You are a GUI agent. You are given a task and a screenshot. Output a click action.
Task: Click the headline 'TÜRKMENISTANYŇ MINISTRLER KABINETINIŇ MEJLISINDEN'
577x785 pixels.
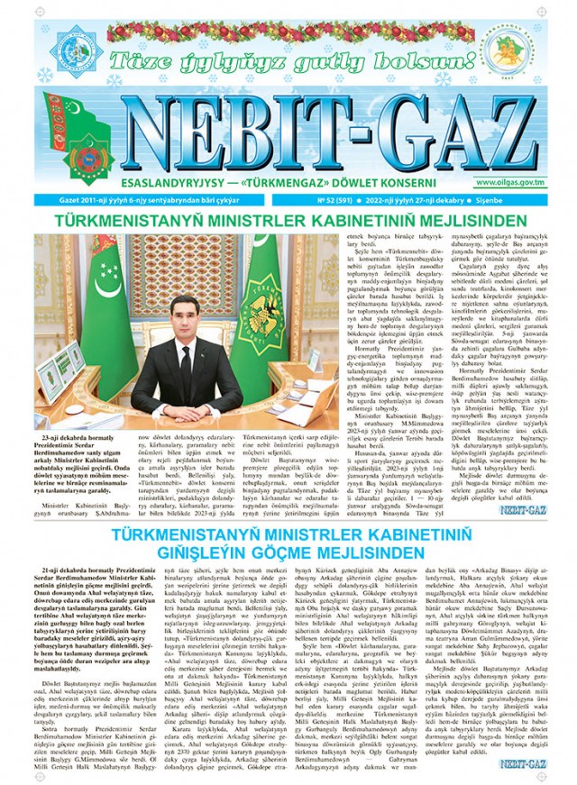tap(288, 219)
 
